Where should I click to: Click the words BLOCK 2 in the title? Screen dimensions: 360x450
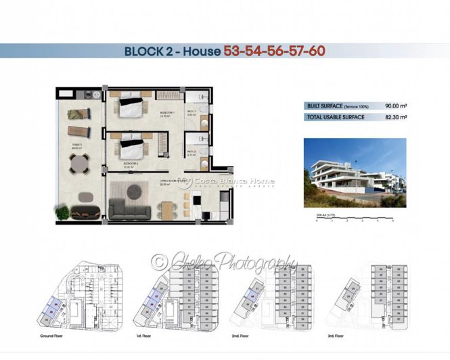pyautogui.click(x=150, y=51)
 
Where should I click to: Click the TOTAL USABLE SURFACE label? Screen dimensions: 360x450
pyautogui.click(x=336, y=118)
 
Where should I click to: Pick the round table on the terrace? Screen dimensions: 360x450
pyautogui.click(x=80, y=163)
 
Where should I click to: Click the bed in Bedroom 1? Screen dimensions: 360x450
pyautogui.click(x=131, y=108)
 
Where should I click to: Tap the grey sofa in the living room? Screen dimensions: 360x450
pyautogui.click(x=131, y=207)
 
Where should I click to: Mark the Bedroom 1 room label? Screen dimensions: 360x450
pyautogui.click(x=167, y=113)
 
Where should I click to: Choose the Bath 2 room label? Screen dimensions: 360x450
pyautogui.click(x=192, y=152)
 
